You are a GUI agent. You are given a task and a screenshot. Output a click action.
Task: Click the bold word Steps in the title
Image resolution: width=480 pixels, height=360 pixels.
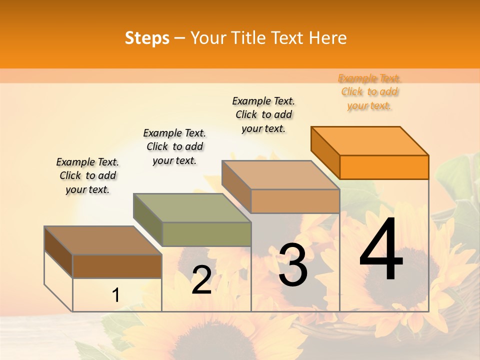(x=147, y=38)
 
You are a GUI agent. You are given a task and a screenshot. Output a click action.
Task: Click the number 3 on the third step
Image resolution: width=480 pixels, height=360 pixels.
(x=292, y=265)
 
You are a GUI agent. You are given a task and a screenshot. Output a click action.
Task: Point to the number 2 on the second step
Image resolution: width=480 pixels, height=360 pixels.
(x=201, y=280)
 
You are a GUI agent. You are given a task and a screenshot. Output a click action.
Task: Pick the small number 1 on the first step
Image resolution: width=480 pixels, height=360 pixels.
(x=115, y=295)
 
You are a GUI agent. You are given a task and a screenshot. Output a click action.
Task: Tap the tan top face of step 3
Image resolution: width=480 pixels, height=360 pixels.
(x=280, y=175)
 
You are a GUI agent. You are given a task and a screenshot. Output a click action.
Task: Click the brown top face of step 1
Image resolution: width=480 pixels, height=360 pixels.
(x=103, y=240)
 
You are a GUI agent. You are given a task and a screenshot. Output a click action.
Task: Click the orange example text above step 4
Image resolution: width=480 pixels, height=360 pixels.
(x=369, y=92)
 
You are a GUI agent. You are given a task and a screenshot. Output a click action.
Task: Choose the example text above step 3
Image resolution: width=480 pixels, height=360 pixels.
(x=263, y=114)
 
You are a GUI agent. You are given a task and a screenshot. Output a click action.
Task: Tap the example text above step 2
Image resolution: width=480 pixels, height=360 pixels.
(x=174, y=146)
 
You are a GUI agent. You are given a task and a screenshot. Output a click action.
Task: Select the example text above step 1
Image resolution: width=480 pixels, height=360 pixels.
(x=87, y=175)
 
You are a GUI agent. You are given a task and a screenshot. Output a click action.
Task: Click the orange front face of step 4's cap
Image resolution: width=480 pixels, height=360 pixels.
(x=384, y=167)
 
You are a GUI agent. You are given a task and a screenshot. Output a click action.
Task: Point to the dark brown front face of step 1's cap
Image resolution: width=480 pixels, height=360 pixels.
(x=117, y=266)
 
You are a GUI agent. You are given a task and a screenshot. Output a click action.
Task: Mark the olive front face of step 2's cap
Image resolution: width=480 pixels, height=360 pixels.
(x=206, y=234)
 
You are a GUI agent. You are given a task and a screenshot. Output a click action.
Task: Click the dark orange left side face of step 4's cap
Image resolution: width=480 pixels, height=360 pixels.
(x=325, y=152)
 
